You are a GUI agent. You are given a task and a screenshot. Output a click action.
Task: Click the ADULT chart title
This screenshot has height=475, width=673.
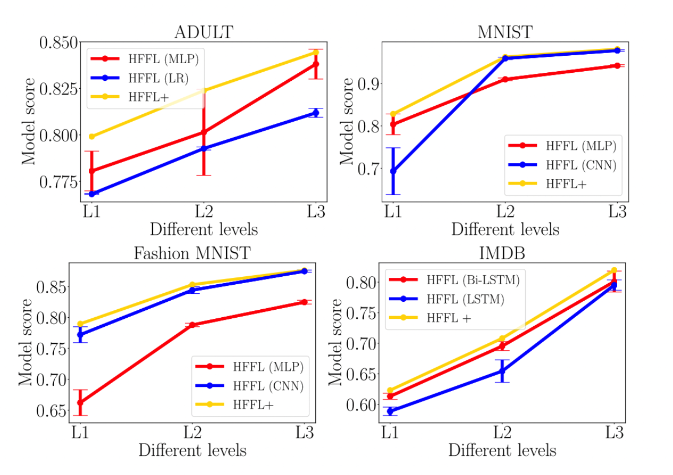(x=203, y=32)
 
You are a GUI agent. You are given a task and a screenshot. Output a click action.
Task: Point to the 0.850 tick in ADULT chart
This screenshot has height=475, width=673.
(x=59, y=43)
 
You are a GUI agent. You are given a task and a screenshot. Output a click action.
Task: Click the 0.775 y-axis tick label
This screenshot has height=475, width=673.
(x=59, y=182)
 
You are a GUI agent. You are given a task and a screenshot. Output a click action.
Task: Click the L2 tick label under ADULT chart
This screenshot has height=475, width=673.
(x=204, y=211)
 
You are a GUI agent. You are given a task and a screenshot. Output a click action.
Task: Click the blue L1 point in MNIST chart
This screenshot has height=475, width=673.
(x=393, y=171)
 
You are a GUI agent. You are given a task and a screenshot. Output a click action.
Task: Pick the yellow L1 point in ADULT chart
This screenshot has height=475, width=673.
(x=91, y=137)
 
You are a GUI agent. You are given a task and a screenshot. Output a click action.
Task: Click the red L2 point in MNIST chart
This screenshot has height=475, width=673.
(x=505, y=79)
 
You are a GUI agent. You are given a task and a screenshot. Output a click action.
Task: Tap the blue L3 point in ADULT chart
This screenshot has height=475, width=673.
(x=316, y=113)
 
